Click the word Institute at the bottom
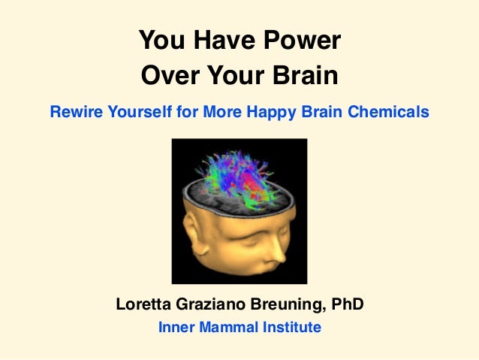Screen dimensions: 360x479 pyautogui.click(x=291, y=328)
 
